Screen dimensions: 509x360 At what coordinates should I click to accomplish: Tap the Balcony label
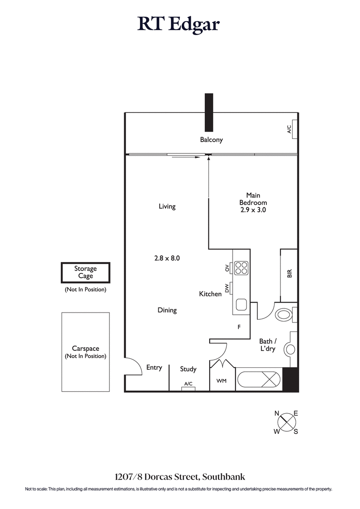[211, 140]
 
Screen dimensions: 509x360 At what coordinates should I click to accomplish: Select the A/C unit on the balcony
[293, 129]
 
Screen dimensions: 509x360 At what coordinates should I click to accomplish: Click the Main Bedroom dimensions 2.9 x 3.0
[253, 210]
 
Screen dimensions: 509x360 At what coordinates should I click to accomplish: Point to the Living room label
[167, 206]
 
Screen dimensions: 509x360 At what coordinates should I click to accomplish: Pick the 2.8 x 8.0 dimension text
[167, 258]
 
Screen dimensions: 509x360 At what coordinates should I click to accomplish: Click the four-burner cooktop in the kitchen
[241, 268]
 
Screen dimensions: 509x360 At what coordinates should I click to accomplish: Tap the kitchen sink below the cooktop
[241, 304]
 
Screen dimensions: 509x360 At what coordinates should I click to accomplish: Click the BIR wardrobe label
[289, 273]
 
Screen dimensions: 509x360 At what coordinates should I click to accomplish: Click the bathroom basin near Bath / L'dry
[289, 349]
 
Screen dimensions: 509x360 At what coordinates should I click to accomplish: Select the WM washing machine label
[221, 381]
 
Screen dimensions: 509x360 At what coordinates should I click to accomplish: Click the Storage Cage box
[85, 272]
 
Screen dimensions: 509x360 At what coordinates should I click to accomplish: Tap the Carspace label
[85, 348]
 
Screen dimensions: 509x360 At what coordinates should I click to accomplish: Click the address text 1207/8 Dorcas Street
[180, 477]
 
